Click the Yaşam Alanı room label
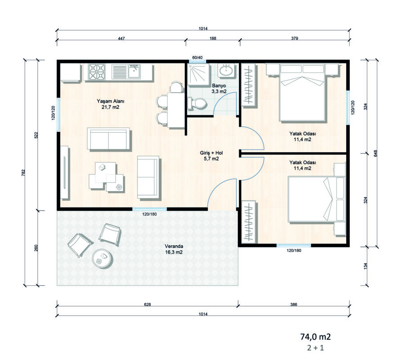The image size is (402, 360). coord(107,104)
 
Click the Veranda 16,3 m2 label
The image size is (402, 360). coord(174,250)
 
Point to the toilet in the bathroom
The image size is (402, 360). coord(198,103)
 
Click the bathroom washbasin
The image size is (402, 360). coord(226,71)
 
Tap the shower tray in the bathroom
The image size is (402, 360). coord(197,73)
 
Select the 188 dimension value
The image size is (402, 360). coord(213,39)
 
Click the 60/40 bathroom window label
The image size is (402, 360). coord(197,58)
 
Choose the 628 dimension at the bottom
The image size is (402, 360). coord(147,305)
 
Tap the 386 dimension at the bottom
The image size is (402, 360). coord(294,305)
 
